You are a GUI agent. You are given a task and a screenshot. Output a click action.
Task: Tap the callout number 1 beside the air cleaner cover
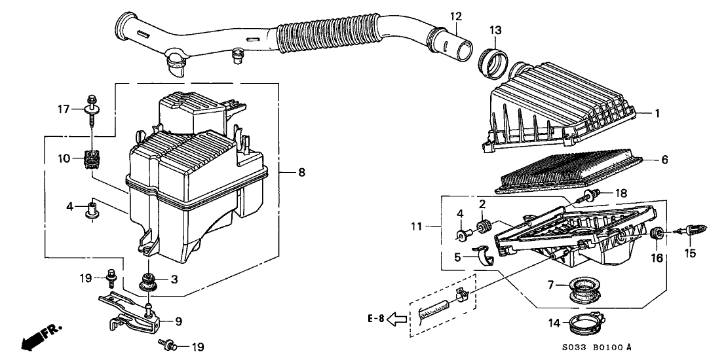point(656,113)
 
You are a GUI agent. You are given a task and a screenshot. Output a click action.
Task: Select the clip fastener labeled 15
point(694,230)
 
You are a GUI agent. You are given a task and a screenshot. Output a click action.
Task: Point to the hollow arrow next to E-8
point(396,320)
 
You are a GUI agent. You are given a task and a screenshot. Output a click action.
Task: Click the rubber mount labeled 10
point(92,160)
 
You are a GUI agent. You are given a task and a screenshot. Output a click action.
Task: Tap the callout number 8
point(301,172)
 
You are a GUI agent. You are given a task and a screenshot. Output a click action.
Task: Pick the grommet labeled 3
point(149,282)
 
